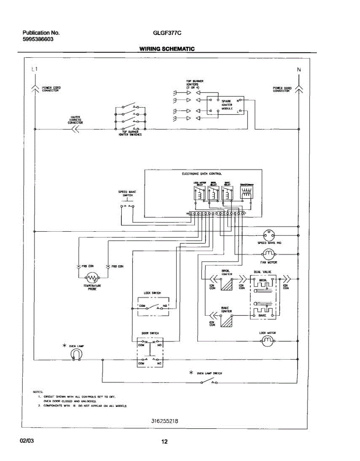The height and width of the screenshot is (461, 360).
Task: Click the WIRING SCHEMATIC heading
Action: click(x=167, y=49)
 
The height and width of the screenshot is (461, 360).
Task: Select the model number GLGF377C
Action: click(x=167, y=33)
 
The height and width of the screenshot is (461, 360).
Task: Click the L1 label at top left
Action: click(x=35, y=70)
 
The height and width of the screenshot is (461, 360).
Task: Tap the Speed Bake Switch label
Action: click(x=127, y=193)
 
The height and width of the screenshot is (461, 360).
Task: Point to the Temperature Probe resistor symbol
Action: click(x=91, y=277)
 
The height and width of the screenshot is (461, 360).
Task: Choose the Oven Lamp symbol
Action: click(x=76, y=355)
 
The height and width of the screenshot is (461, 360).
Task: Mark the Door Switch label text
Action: click(x=150, y=333)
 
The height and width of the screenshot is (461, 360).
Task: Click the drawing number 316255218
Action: click(x=165, y=421)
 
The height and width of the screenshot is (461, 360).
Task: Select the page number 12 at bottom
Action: click(x=164, y=442)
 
